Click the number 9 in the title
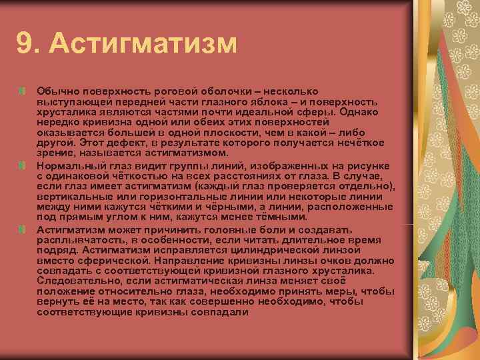click(25, 44)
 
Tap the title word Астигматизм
click(143, 44)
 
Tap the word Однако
click(360, 110)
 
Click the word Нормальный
click(69, 165)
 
